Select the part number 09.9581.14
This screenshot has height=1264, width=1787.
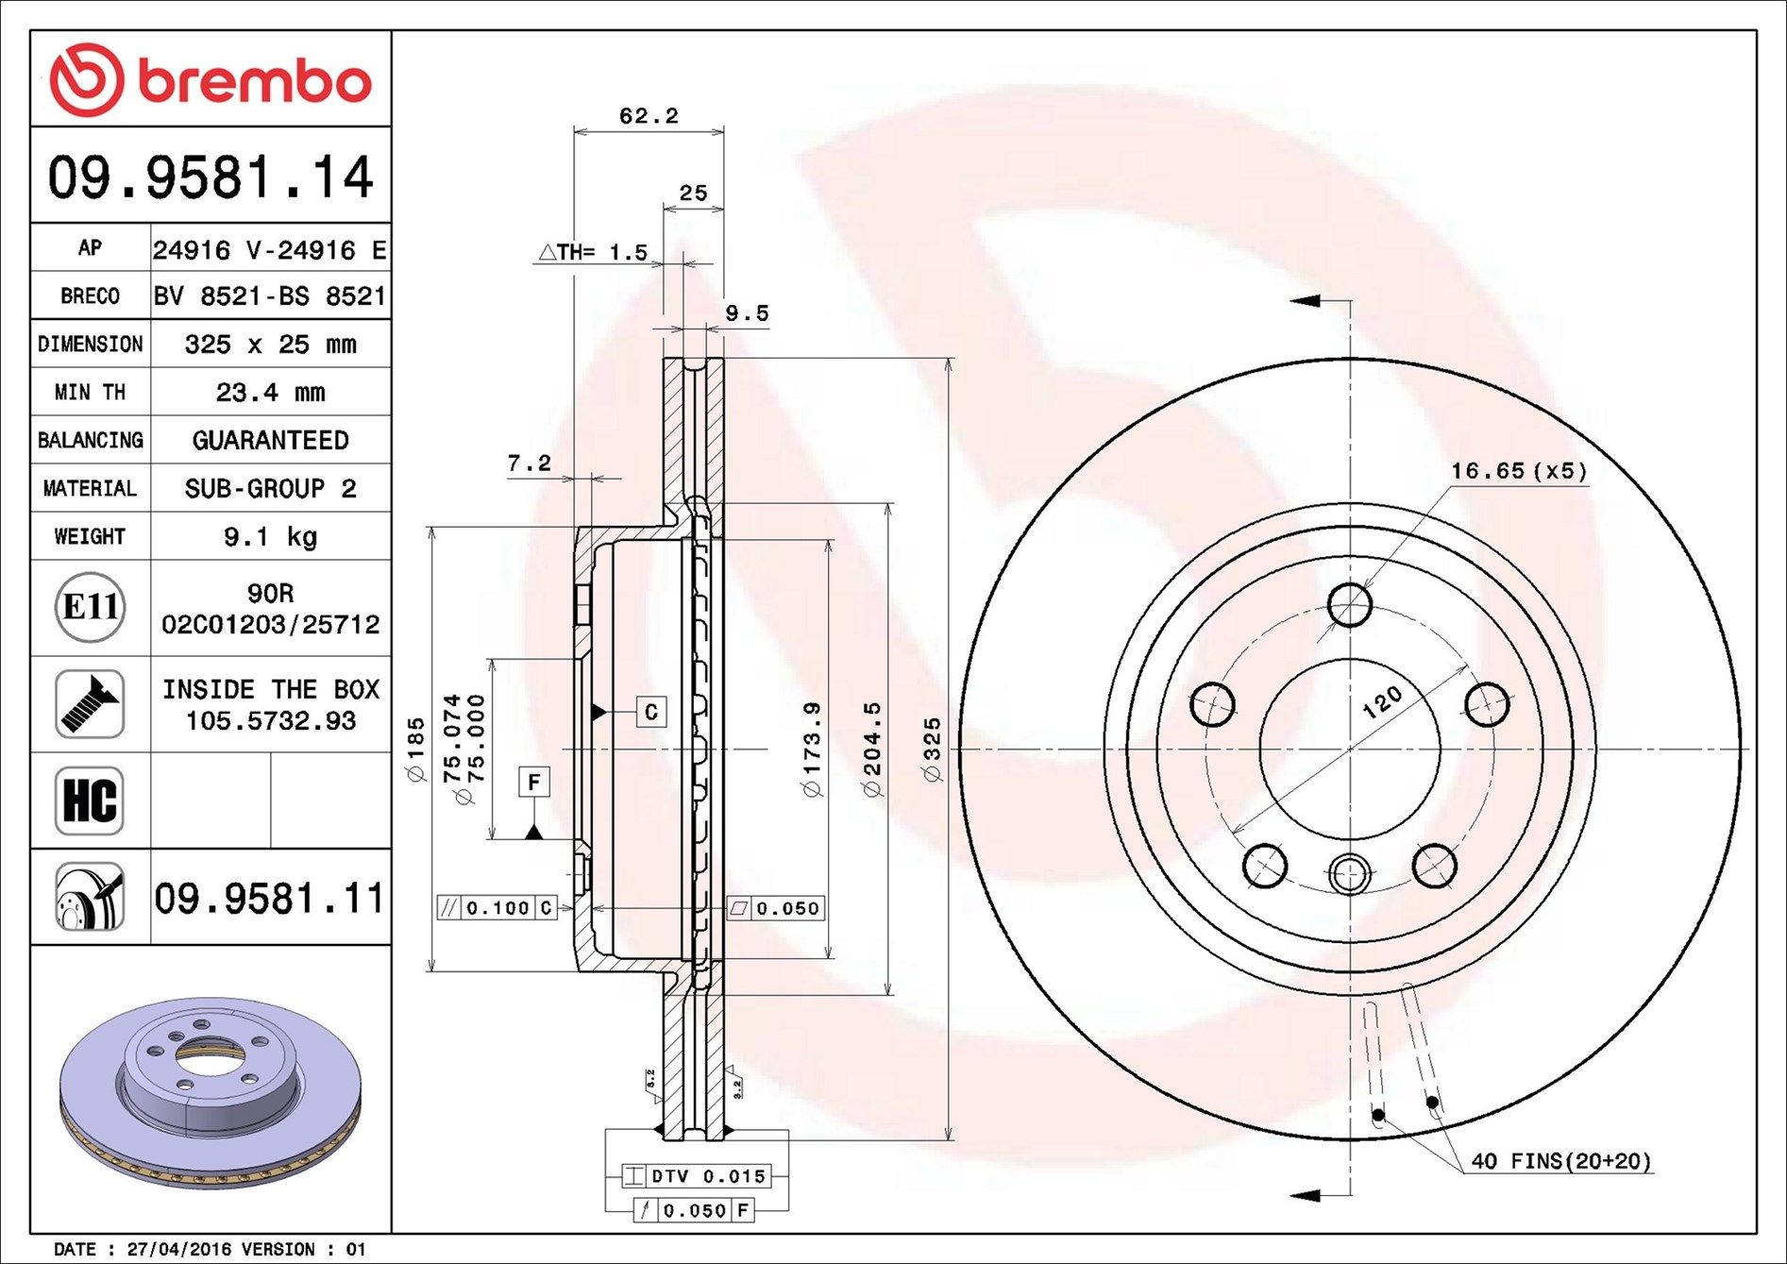point(211,177)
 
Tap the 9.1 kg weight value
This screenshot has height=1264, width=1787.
point(270,537)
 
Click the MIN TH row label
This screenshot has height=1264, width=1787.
point(90,393)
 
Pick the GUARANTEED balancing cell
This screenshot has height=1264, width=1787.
point(270,441)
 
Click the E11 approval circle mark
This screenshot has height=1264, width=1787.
point(90,607)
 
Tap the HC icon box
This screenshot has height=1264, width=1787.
point(90,801)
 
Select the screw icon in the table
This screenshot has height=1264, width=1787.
point(90,704)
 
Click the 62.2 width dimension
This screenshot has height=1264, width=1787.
point(649,116)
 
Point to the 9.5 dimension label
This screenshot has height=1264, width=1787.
point(747,313)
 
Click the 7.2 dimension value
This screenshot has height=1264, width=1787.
point(529,463)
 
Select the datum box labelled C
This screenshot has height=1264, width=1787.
point(651,712)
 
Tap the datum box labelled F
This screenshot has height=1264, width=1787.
point(533,783)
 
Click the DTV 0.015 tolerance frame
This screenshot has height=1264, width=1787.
point(697,1176)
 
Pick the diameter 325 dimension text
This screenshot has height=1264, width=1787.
point(933,750)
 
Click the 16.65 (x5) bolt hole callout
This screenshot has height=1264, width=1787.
point(1518,471)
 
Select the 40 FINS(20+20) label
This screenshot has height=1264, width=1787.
point(1561,1161)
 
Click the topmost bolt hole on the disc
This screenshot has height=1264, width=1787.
point(1350,604)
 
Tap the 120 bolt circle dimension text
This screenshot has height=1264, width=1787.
point(1383,703)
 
